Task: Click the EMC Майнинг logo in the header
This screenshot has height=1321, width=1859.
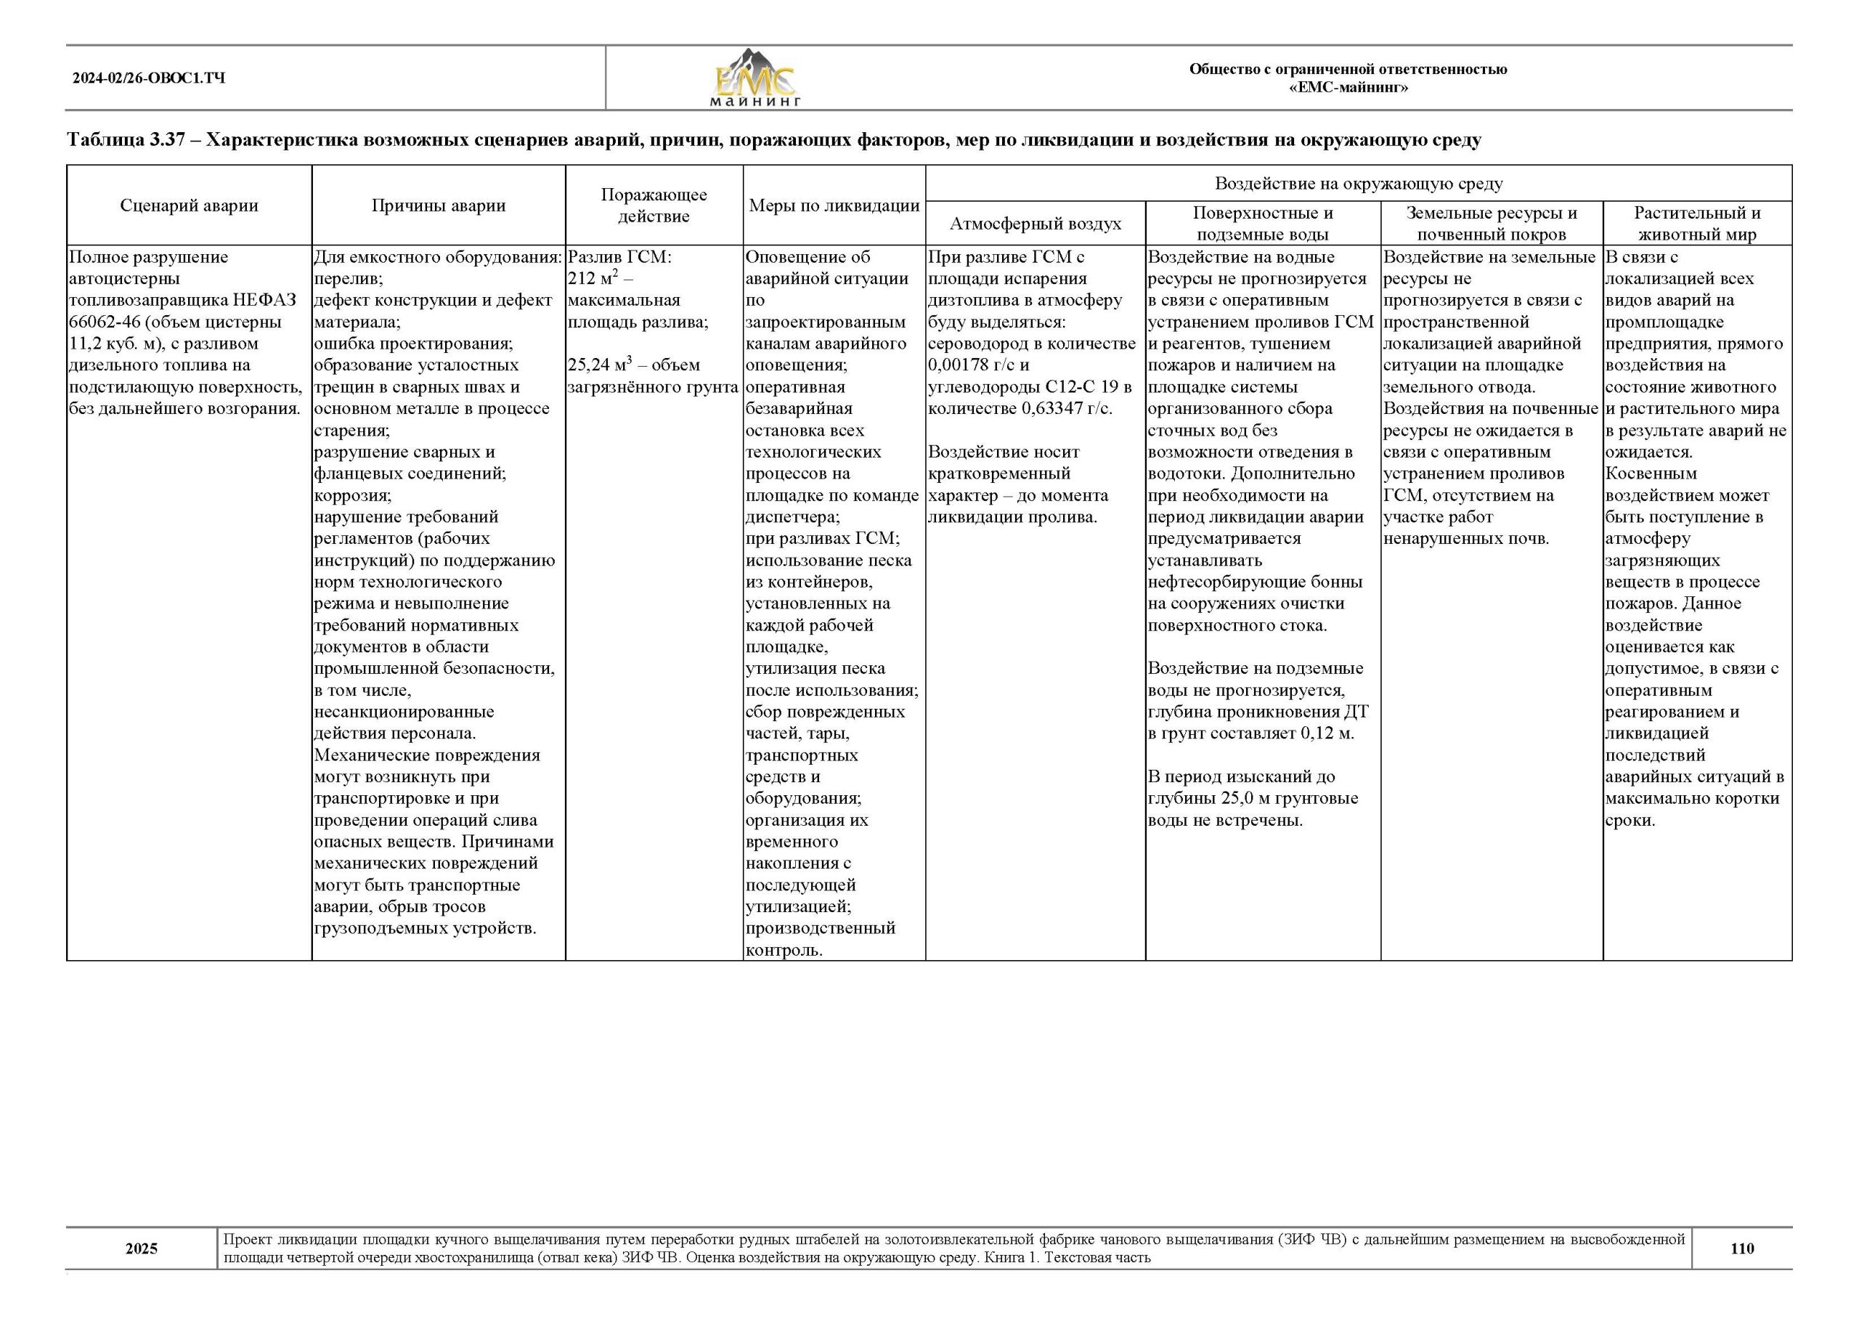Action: (x=754, y=78)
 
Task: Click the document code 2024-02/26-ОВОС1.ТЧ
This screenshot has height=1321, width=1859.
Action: (x=149, y=78)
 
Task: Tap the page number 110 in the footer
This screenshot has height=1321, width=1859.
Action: (x=1742, y=1248)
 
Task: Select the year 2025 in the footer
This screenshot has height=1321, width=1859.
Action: (x=142, y=1248)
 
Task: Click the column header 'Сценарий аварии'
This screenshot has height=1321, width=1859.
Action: (x=189, y=205)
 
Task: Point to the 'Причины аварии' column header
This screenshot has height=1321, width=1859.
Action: (x=439, y=205)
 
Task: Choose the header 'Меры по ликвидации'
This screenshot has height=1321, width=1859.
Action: (x=834, y=205)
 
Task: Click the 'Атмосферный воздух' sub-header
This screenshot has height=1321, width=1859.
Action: (x=1036, y=224)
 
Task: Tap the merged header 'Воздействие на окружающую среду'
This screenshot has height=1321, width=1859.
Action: (x=1358, y=183)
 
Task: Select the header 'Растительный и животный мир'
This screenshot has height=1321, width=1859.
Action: (x=1697, y=224)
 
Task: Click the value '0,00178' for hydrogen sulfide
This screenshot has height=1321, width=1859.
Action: (x=958, y=365)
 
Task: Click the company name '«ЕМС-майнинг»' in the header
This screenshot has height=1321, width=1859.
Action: (x=1348, y=88)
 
